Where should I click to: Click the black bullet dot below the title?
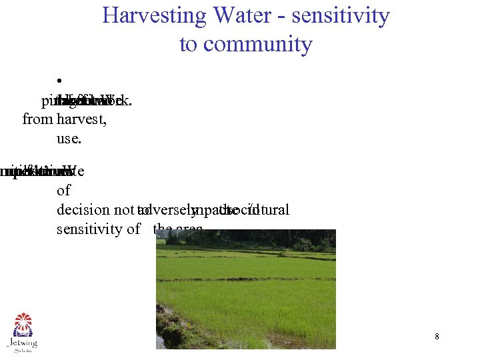coord(59,75)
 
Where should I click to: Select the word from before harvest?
coord(37,120)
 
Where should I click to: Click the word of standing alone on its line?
coord(64,191)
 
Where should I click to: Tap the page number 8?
coord(437,337)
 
